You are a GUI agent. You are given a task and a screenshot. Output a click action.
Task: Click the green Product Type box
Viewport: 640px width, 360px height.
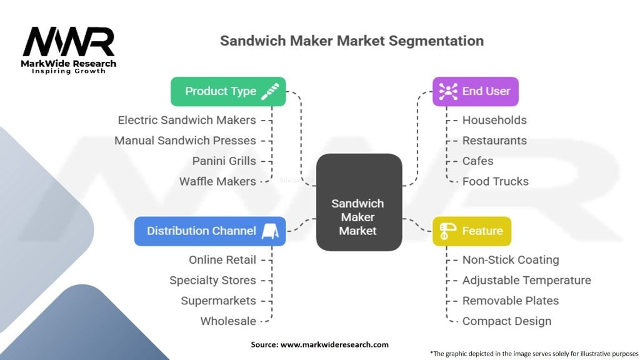pyautogui.click(x=227, y=91)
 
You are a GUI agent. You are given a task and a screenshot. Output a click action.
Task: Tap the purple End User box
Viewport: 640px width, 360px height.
pyautogui.click(x=475, y=91)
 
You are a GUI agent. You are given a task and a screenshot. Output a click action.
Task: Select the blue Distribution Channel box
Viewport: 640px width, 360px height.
pyautogui.click(x=210, y=231)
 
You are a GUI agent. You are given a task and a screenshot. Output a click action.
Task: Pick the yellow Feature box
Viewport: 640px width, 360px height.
pyautogui.click(x=471, y=231)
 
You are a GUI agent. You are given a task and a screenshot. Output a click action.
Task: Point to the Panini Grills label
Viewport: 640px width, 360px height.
pyautogui.click(x=224, y=161)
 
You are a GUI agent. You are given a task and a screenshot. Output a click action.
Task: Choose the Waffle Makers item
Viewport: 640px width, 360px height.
pyautogui.click(x=217, y=181)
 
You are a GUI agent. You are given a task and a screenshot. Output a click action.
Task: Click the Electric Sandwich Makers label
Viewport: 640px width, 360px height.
pyautogui.click(x=187, y=120)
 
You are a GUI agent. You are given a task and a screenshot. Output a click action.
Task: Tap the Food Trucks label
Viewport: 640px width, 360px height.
pyautogui.click(x=495, y=181)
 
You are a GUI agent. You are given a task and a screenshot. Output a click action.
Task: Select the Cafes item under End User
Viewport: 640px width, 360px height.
pyautogui.click(x=477, y=161)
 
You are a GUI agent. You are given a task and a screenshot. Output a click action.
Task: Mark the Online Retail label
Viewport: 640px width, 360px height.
pyautogui.click(x=222, y=259)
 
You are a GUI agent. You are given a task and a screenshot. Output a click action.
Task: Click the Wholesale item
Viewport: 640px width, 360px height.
pyautogui.click(x=228, y=321)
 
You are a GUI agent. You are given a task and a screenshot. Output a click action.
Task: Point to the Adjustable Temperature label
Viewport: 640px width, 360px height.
pyautogui.click(x=526, y=280)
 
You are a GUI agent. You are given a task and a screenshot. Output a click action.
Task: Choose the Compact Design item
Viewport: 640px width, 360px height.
pyautogui.click(x=506, y=321)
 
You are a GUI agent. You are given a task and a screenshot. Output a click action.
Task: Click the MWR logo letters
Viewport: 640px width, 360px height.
pyautogui.click(x=69, y=42)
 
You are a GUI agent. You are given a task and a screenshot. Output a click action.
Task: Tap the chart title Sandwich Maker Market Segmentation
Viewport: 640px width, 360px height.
pyautogui.click(x=351, y=41)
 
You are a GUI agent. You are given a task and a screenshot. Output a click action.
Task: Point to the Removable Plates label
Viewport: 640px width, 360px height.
pyautogui.click(x=510, y=301)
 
